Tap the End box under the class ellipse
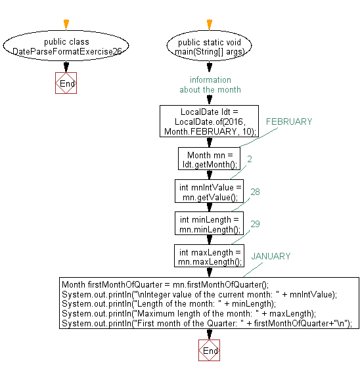pyautogui.click(x=66, y=83)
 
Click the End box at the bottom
pyautogui.click(x=209, y=351)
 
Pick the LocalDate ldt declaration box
pyautogui.click(x=210, y=121)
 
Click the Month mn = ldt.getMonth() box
pyautogui.click(x=210, y=160)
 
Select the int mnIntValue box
pyautogui.click(x=210, y=192)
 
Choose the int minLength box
pyautogui.click(x=210, y=224)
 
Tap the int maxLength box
pyautogui.click(x=210, y=257)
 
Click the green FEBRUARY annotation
pyautogui.click(x=288, y=121)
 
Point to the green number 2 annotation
pyautogui.click(x=250, y=159)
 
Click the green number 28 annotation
pyautogui.click(x=255, y=191)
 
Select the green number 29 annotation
pyautogui.click(x=255, y=224)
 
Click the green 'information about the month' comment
pyautogui.click(x=210, y=85)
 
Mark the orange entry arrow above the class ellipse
pyautogui.click(x=66, y=25)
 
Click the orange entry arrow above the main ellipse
pyautogui.click(x=210, y=25)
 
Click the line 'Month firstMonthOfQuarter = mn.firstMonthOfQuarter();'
pyautogui.click(x=165, y=285)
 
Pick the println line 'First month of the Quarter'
pyautogui.click(x=207, y=323)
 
